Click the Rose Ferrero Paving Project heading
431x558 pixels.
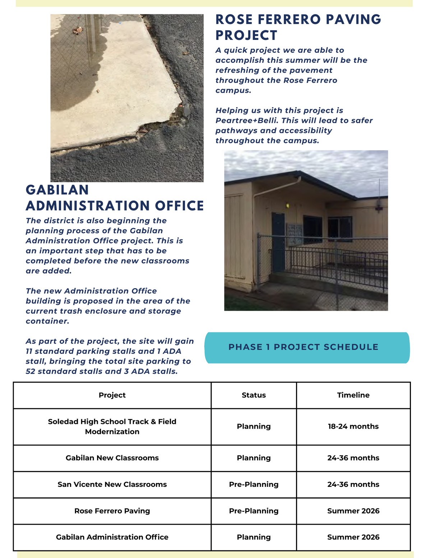pyautogui.click(x=298, y=27)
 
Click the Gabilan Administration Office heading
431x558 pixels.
pyautogui.click(x=115, y=198)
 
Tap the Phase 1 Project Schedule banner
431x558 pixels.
pyautogui.click(x=303, y=347)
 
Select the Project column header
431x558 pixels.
pyautogui.click(x=112, y=395)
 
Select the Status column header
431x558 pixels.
pyautogui.click(x=254, y=395)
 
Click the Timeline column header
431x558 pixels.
pyautogui.click(x=353, y=395)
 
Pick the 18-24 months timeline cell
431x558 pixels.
pyautogui.click(x=353, y=426)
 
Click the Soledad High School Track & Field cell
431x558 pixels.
pyautogui.click(x=112, y=426)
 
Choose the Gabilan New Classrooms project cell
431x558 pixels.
pyautogui.click(x=112, y=458)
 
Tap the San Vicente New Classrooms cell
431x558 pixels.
pyautogui.click(x=112, y=484)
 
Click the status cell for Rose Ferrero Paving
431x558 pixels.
pyautogui.click(x=254, y=511)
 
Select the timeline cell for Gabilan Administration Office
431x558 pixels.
pyautogui.click(x=353, y=537)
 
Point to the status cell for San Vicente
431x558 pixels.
pyautogui.click(x=254, y=484)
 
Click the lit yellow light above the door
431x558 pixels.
pyautogui.click(x=287, y=206)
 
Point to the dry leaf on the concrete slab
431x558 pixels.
pyautogui.click(x=78, y=31)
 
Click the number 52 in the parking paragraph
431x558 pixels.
pyautogui.click(x=31, y=372)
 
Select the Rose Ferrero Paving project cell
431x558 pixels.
pyautogui.click(x=112, y=511)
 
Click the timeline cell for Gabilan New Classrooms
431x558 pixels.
pyautogui.click(x=353, y=458)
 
